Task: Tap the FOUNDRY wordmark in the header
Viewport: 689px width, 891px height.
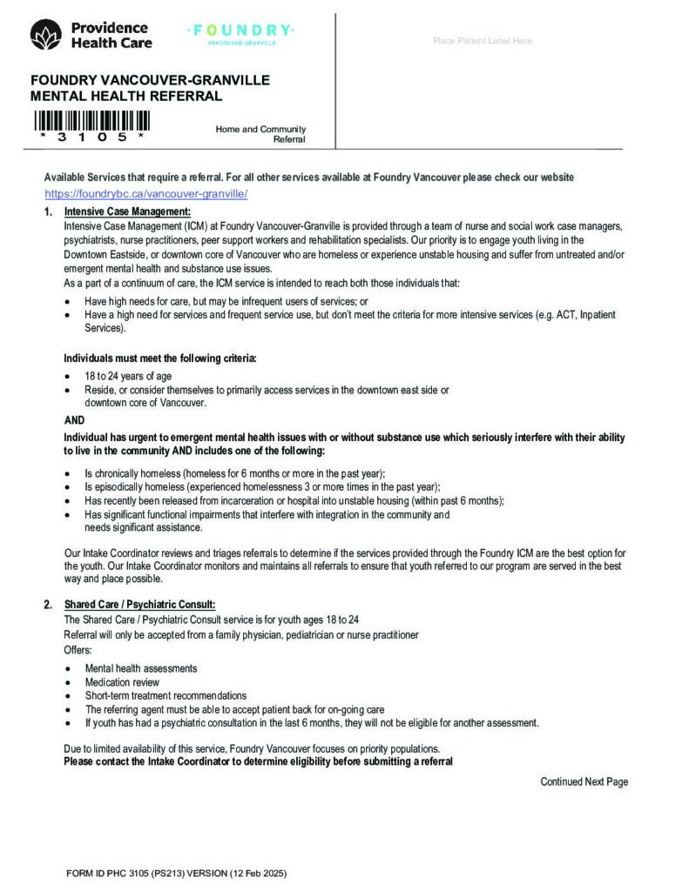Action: [x=241, y=31]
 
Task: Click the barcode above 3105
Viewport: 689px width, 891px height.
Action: [x=92, y=120]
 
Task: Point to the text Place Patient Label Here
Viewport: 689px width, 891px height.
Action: [x=482, y=41]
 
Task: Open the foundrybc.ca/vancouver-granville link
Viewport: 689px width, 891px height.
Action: [x=146, y=194]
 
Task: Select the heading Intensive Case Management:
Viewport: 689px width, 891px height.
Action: [x=127, y=212]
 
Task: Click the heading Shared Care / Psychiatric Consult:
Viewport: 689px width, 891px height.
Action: [x=139, y=605]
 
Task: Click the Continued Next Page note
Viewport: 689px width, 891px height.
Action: [x=584, y=782]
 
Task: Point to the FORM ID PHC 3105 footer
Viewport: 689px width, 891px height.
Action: [x=176, y=872]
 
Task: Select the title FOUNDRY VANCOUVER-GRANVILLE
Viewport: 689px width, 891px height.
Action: [x=150, y=81]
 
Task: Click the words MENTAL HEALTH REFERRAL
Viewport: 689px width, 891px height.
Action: [x=126, y=97]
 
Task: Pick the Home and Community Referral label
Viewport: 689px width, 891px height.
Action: [x=261, y=134]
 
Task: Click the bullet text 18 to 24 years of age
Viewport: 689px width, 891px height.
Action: [x=122, y=377]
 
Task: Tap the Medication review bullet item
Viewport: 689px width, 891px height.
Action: [x=122, y=682]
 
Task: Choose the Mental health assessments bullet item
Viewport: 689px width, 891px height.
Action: [x=141, y=668]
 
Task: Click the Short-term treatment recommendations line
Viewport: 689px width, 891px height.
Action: [x=165, y=696]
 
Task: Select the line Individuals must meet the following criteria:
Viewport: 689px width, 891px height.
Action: [x=160, y=358]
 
